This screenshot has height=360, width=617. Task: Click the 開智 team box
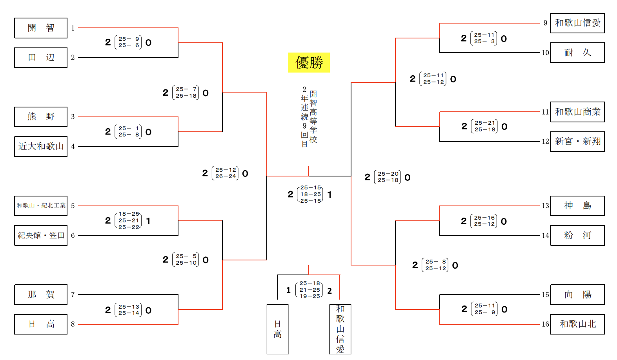(41, 28)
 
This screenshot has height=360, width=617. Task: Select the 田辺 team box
(41, 58)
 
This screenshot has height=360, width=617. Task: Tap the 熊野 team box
(41, 117)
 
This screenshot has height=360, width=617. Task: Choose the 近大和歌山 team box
(41, 146)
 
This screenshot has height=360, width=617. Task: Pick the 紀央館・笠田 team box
(41, 235)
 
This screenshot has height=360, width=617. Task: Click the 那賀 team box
(41, 295)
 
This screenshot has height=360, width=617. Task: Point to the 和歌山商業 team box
(577, 112)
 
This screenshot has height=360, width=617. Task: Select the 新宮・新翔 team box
(577, 142)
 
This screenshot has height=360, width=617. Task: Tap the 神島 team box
(577, 206)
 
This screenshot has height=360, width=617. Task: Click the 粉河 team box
(577, 235)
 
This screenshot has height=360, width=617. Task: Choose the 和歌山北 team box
(577, 324)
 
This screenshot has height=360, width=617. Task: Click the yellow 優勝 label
(309, 63)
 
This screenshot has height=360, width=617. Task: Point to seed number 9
(545, 23)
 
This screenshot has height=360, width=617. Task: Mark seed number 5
(73, 206)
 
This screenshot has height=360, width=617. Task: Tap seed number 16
(545, 324)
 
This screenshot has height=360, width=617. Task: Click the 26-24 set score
(226, 176)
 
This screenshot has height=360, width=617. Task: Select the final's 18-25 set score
(311, 194)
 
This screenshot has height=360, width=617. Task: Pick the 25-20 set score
(388, 174)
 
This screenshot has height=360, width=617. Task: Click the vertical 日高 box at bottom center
(277, 329)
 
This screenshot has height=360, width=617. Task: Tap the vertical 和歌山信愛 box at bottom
(340, 329)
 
